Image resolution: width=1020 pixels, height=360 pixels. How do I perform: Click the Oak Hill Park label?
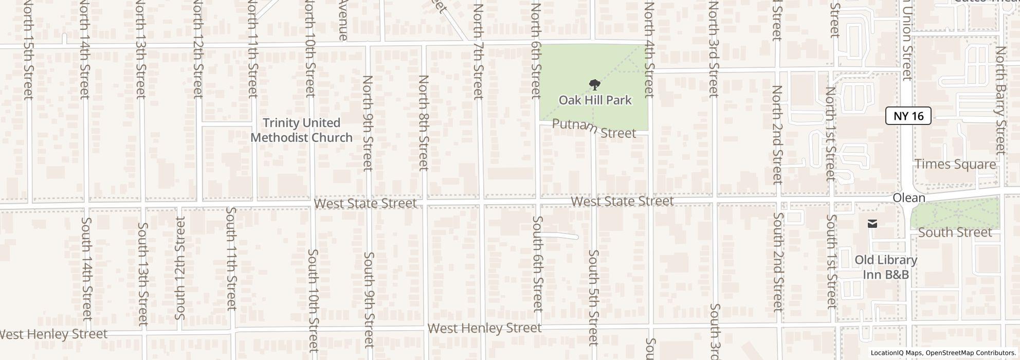pyautogui.click(x=595, y=100)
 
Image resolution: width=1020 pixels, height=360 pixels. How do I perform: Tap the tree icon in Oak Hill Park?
pyautogui.click(x=595, y=84)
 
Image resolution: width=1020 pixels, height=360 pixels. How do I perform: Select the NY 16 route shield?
pyautogui.click(x=908, y=116)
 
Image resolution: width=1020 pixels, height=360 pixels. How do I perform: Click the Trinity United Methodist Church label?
pyautogui.click(x=301, y=130)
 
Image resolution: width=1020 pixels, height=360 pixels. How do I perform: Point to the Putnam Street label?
pyautogui.click(x=594, y=128)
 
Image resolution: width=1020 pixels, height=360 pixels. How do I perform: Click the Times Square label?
pyautogui.click(x=955, y=165)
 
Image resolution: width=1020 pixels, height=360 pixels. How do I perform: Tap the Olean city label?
pyautogui.click(x=908, y=198)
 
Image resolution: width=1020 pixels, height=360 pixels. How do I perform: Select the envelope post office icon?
pyautogui.click(x=872, y=224)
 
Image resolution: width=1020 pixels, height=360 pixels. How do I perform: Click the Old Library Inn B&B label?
pyautogui.click(x=885, y=267)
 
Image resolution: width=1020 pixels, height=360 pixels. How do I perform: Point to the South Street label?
pyautogui.click(x=955, y=232)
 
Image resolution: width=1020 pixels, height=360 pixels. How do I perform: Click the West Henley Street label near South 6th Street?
pyautogui.click(x=484, y=328)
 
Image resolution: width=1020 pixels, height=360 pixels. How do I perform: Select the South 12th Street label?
pyautogui.click(x=179, y=267)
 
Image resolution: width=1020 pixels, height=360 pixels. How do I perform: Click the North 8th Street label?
pyautogui.click(x=423, y=122)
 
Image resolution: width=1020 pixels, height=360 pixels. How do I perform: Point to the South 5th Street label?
pyautogui.click(x=593, y=297)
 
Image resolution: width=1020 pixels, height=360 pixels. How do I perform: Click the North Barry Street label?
pyautogui.click(x=1000, y=100)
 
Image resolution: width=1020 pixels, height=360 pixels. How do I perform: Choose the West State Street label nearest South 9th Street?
pyautogui.click(x=365, y=204)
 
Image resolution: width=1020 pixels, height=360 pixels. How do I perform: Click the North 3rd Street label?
pyautogui.click(x=713, y=49)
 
